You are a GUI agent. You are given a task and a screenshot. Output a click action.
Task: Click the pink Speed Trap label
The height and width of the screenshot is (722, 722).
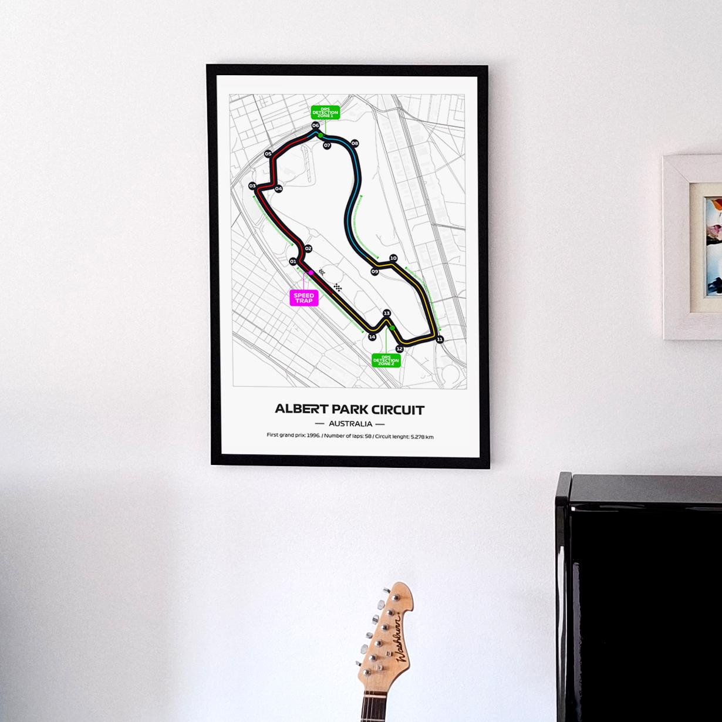[x=305, y=298]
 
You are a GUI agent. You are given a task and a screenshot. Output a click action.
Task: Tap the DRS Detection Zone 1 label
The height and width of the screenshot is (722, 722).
[x=325, y=112]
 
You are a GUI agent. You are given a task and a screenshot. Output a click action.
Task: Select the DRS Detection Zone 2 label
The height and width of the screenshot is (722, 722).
[x=386, y=359]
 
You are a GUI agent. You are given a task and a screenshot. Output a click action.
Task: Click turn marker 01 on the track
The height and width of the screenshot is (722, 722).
[x=293, y=262]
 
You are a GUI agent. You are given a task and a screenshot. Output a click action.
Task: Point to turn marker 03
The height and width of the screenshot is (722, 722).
[x=252, y=185]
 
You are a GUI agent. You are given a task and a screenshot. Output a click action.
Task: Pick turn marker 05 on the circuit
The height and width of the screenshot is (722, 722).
[x=268, y=154]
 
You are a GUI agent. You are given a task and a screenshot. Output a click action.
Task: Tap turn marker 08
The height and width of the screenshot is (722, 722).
[x=355, y=143]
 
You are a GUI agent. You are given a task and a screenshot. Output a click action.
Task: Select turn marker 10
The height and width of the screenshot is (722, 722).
[x=393, y=258]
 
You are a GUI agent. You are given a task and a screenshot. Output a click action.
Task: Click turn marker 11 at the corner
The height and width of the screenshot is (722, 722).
[x=440, y=339]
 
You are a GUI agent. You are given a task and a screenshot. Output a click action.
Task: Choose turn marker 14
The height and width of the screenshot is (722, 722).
[x=372, y=337]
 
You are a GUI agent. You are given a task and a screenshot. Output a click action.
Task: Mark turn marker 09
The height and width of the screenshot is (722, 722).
[x=375, y=272]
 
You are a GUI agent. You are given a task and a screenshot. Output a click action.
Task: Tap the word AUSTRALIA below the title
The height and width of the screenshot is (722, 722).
[x=350, y=423]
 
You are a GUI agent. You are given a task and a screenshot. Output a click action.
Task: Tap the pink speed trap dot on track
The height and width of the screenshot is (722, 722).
[x=311, y=273]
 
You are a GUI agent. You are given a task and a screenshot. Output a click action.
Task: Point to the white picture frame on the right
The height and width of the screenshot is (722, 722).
[x=693, y=247]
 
